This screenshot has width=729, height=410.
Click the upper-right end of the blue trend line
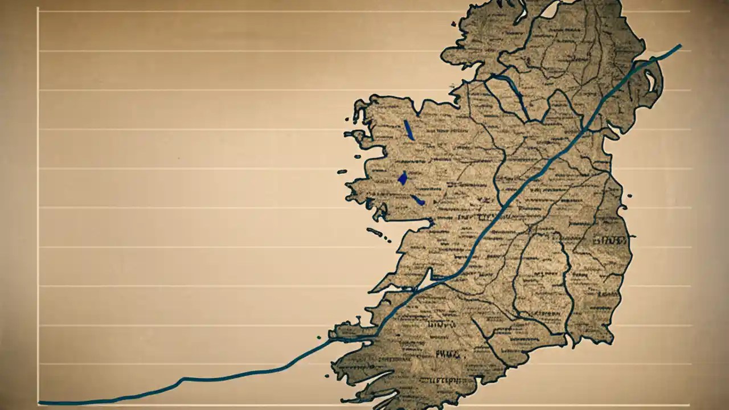(680, 45)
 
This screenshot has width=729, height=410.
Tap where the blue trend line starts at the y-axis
(39, 403)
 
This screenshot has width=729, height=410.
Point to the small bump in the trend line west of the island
(182, 378)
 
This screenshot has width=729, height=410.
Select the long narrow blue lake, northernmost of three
(408, 130)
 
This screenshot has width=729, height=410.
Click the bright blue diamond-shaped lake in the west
(403, 178)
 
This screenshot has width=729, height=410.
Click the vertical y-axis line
(38, 205)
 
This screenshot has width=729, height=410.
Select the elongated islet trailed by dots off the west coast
(374, 231)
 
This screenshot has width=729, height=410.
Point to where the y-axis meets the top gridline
(38, 11)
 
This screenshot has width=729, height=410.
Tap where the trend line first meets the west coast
(333, 339)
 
